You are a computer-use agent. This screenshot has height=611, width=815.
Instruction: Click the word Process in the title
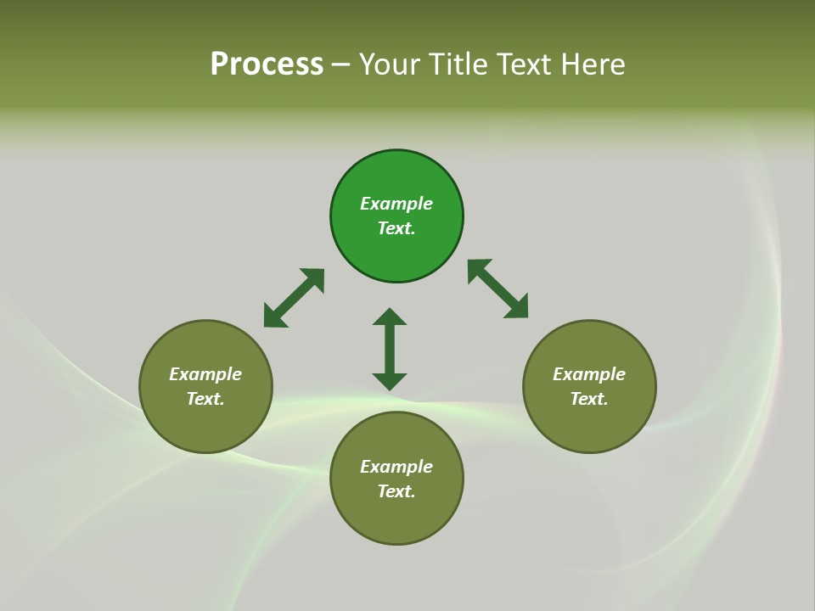point(267,64)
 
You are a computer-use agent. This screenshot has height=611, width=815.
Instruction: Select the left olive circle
point(205,424)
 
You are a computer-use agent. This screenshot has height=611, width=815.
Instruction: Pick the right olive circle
point(589,424)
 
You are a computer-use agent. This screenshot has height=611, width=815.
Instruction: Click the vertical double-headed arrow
point(390,349)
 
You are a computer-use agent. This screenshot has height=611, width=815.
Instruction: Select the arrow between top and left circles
point(294,298)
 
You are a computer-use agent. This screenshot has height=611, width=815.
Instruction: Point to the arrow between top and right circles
point(498,289)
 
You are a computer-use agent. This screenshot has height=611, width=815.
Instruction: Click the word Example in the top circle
point(396,204)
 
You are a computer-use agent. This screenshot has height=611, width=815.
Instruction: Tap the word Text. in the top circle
point(396,228)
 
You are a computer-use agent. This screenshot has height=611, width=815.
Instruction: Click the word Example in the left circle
point(205,374)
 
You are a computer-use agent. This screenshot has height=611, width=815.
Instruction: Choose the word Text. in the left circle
point(205,399)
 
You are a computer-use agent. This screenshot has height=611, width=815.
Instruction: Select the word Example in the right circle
point(589,374)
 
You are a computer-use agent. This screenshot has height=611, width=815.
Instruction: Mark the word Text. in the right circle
point(589,399)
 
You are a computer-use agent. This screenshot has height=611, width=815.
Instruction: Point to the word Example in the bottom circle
point(396,467)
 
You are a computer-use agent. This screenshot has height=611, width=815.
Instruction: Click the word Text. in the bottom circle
point(396,491)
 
